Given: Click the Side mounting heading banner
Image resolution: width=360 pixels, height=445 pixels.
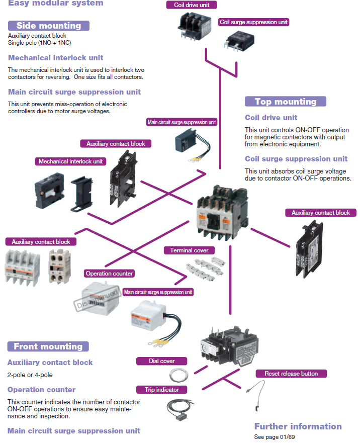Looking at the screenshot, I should click(49, 26).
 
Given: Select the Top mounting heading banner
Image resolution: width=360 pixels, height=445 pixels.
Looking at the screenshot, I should click(285, 102).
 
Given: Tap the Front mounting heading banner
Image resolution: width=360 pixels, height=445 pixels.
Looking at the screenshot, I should click(48, 346).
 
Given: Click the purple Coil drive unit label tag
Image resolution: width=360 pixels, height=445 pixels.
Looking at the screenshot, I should click(192, 5).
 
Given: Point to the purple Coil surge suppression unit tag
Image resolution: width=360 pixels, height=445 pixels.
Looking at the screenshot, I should click(254, 22).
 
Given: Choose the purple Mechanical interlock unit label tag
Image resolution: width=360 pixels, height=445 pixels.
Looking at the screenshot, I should click(70, 161).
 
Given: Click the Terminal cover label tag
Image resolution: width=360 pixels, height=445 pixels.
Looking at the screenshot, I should click(189, 250).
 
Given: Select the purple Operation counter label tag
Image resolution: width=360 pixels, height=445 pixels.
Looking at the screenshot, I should click(109, 274).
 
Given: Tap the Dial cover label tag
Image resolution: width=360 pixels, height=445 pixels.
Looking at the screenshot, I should click(161, 361).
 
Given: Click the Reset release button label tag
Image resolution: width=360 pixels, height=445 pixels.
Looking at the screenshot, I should click(291, 374).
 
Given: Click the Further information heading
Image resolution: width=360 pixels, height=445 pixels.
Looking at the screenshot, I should click(298, 426).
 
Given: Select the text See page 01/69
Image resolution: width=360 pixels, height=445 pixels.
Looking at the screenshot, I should click(275, 437).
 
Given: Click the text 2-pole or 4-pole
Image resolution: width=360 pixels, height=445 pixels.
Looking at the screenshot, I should click(30, 375).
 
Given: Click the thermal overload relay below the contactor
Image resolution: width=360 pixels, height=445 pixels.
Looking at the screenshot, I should click(229, 344).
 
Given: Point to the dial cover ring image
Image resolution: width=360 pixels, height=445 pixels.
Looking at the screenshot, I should click(177, 375).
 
